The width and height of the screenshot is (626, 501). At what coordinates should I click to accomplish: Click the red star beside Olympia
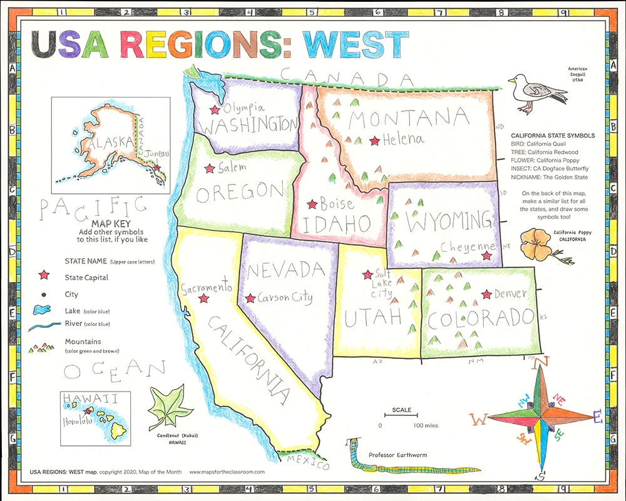click(215, 109)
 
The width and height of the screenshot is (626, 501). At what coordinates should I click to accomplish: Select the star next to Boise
click(311, 205)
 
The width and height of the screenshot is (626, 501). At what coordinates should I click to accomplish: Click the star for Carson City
click(250, 299)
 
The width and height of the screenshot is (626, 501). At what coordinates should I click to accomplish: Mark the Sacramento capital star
click(203, 298)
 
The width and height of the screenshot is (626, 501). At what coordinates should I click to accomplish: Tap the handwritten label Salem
click(232, 168)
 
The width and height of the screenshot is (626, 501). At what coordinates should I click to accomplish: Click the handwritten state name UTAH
click(372, 318)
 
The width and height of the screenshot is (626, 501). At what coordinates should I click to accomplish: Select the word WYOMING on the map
click(440, 221)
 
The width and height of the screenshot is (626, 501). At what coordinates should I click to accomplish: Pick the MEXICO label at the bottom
click(307, 464)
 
